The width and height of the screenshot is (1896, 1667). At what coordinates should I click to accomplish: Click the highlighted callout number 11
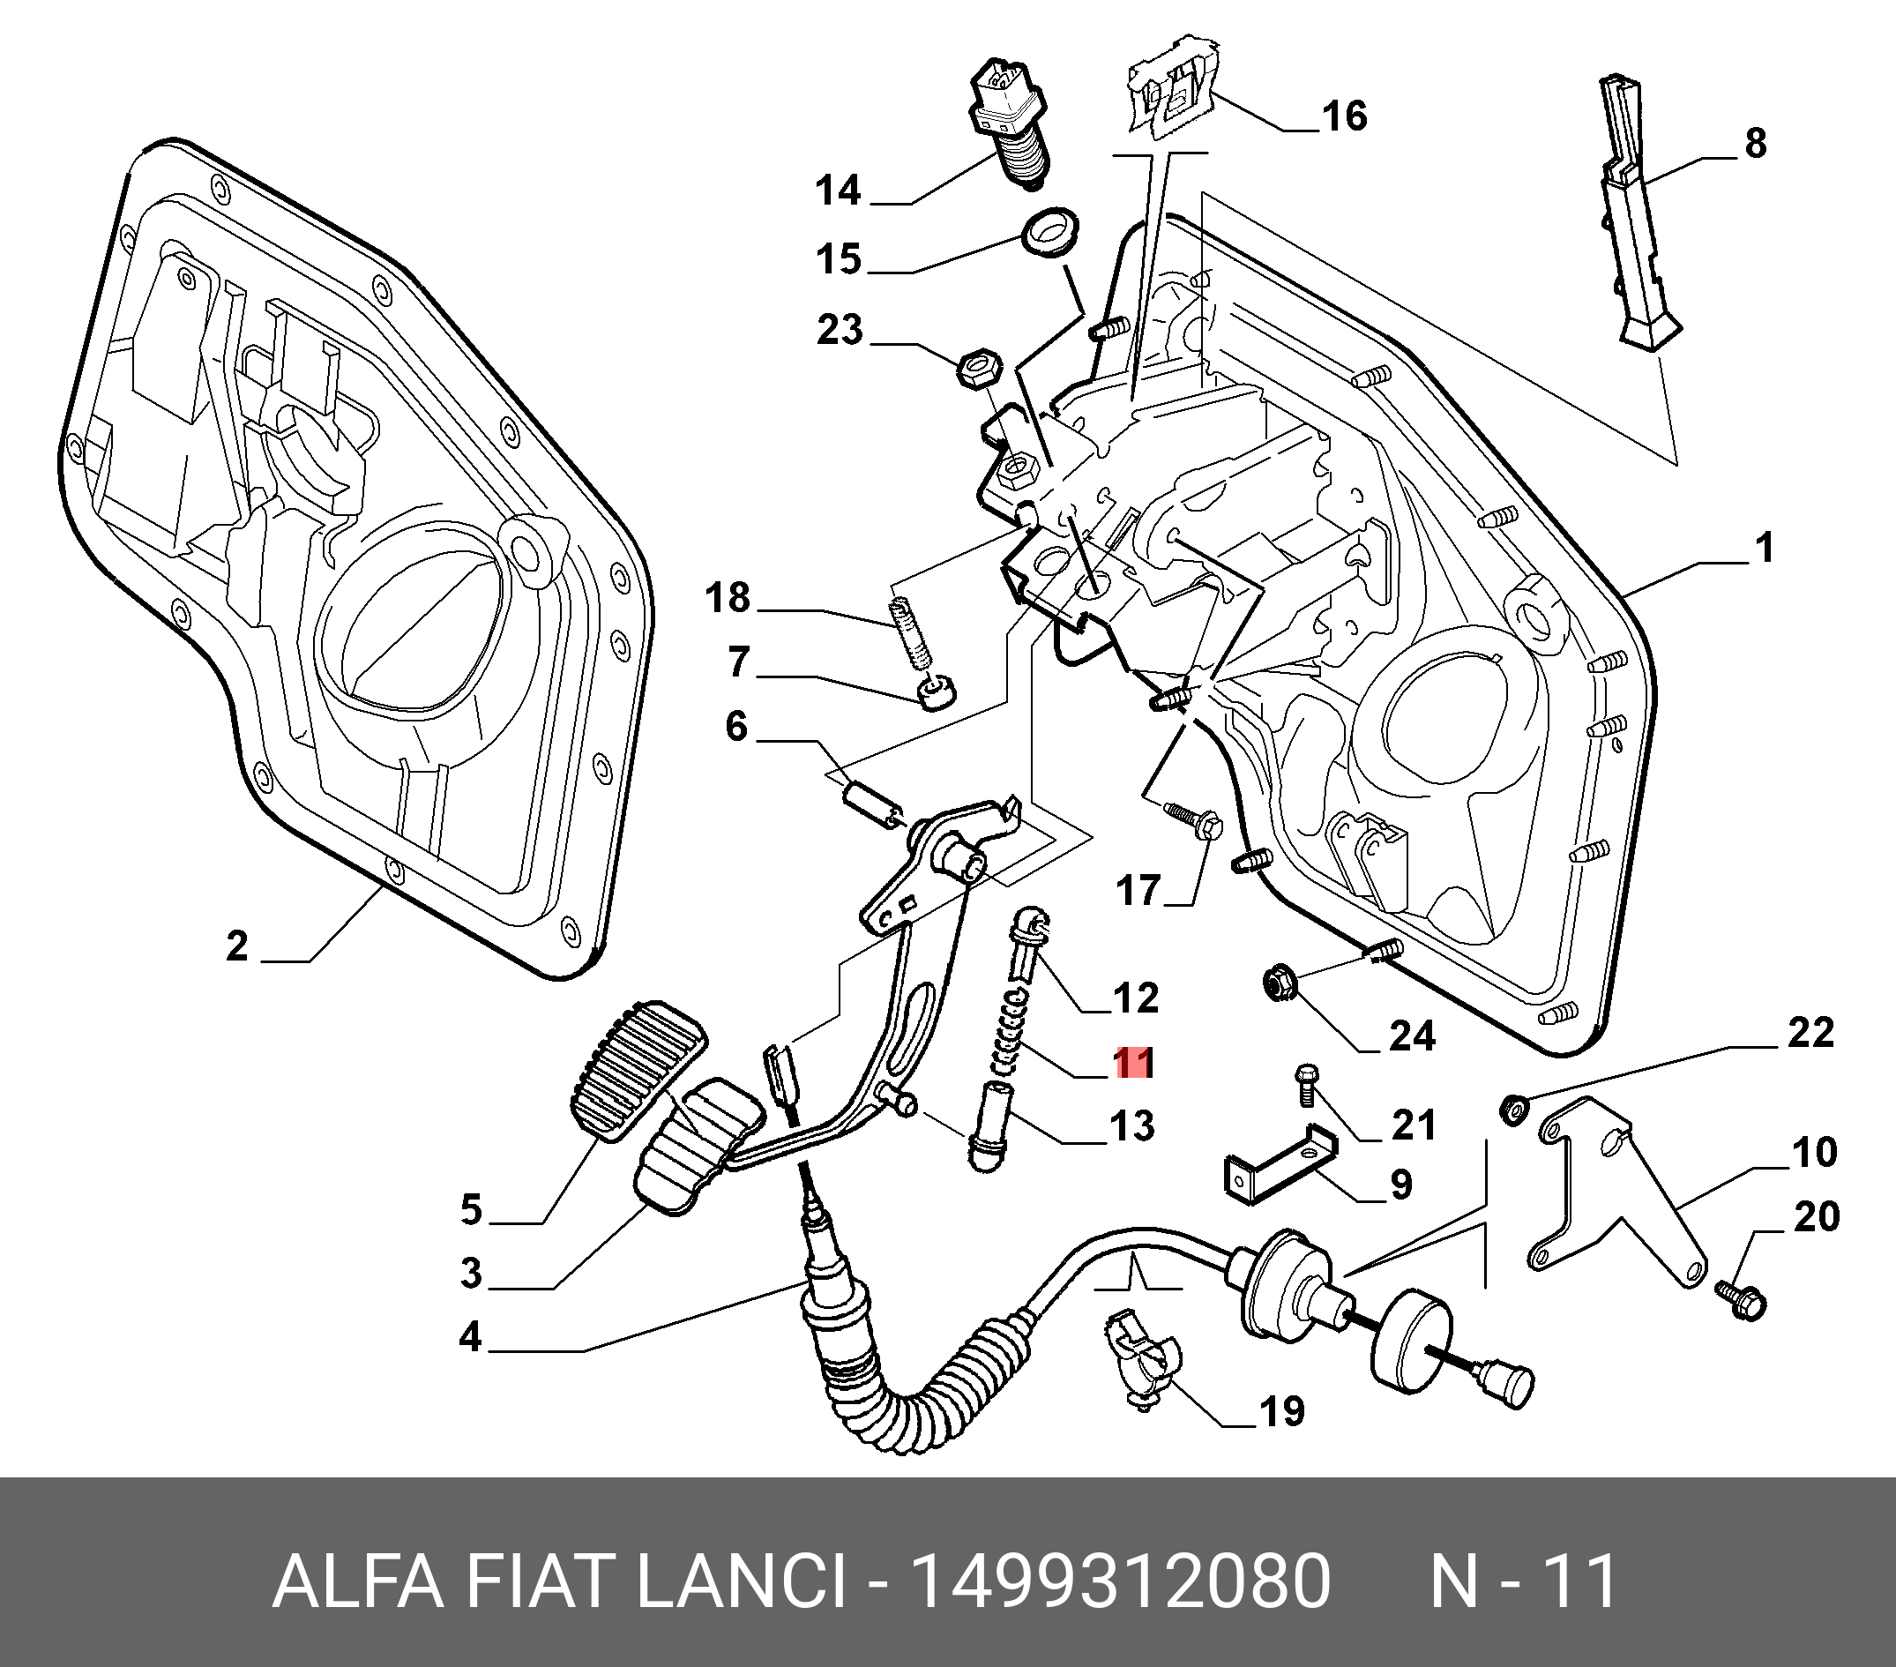pos(1133,1063)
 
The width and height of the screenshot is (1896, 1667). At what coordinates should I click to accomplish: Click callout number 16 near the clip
pos(1344,117)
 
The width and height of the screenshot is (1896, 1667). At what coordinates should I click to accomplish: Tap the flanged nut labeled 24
pos(1280,981)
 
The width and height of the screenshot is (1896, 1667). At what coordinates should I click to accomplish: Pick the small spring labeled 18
pos(910,632)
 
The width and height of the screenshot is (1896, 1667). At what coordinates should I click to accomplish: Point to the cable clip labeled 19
pos(1140,1364)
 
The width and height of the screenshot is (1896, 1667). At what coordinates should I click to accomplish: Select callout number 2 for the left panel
pos(237,947)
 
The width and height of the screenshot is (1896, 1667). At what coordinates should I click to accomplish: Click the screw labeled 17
pos(1193,819)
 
